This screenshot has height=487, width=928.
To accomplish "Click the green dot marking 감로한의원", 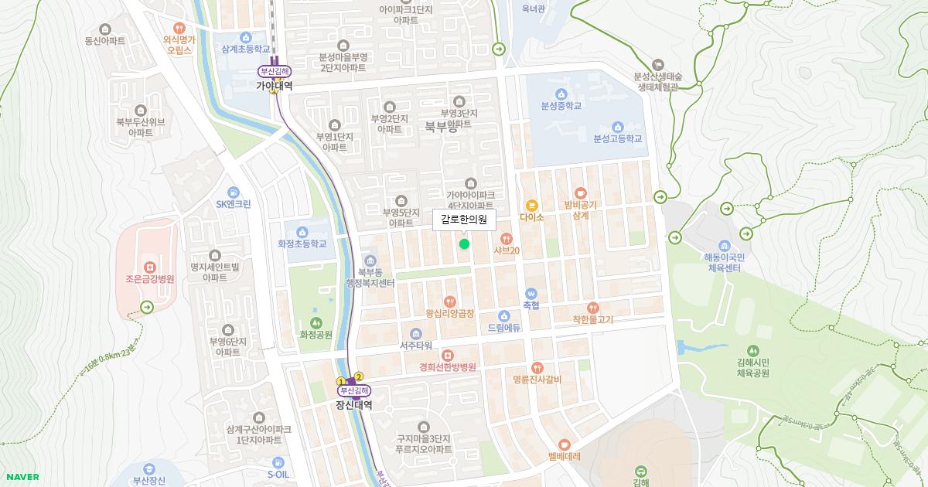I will point(464,244).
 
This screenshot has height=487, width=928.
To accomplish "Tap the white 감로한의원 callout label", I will point(463,220).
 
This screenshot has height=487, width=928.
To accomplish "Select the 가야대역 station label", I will point(275,87).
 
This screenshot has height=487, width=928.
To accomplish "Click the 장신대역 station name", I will point(353,404).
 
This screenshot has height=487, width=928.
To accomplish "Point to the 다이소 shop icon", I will point(532,206).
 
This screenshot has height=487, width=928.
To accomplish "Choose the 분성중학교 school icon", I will point(561,94).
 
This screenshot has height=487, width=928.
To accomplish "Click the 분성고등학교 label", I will point(618,139).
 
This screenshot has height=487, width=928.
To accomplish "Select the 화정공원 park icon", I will point(316,323).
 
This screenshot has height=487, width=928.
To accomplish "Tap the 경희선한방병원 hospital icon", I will point(448,355).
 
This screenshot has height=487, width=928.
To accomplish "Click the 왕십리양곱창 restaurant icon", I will point(450,301).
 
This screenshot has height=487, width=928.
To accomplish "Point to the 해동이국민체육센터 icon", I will point(724,244).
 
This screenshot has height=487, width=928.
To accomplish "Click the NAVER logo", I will point(22,477).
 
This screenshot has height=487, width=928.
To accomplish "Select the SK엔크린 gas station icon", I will point(233,192).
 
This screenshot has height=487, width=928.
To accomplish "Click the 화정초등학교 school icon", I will point(302,231).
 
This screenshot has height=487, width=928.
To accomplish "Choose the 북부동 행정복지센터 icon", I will point(370,261).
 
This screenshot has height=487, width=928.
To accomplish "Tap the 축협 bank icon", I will point(531,294).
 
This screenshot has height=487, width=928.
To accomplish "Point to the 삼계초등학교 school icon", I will point(246,36).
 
